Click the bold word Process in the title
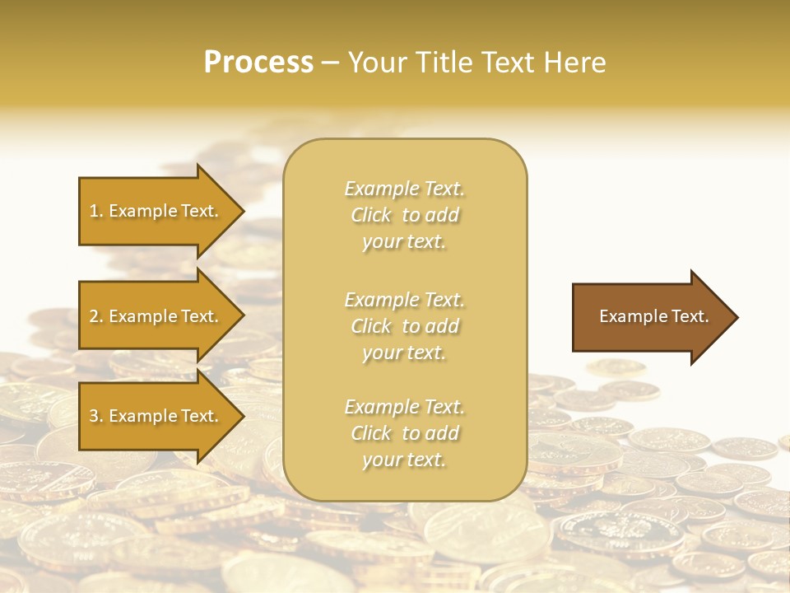coord(258,63)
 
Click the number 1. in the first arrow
coord(95,211)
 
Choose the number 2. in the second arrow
coord(95,316)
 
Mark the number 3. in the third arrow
coord(95,416)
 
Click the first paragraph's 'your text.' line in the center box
coord(404,242)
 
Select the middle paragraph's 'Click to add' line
coord(404,326)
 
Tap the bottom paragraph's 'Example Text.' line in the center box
coord(404,407)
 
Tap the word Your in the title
coord(374,63)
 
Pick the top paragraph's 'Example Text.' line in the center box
coord(404,189)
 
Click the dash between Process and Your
coord(330,63)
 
